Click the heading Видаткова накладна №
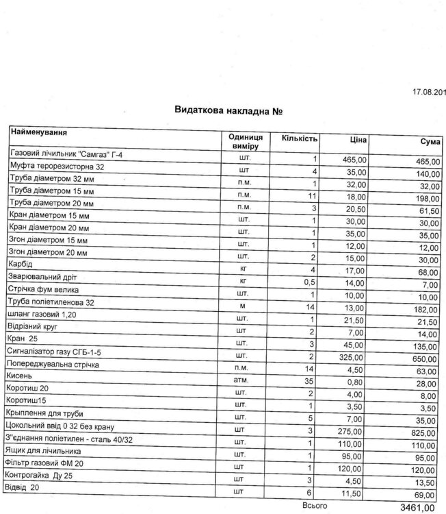(229, 111)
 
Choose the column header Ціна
(358, 140)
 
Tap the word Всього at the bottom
(315, 506)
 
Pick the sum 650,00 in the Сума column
(420, 360)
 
